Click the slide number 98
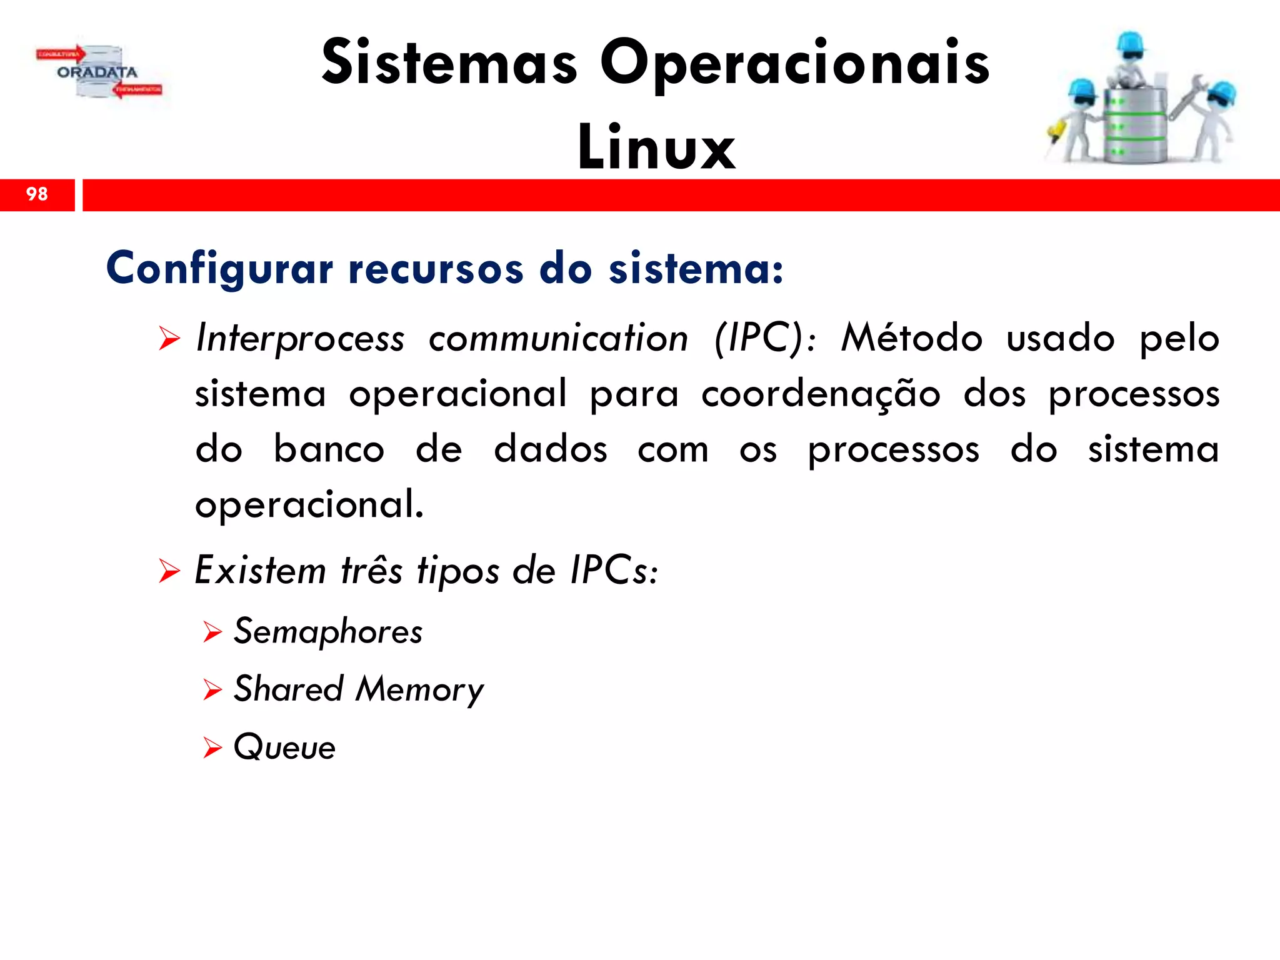(x=37, y=194)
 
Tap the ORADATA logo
(x=99, y=72)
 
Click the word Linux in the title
(x=656, y=147)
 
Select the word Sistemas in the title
(x=449, y=62)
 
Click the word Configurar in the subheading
(x=220, y=269)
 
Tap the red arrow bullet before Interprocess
(x=169, y=339)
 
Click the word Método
(x=911, y=337)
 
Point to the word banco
(x=329, y=449)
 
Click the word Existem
(x=260, y=570)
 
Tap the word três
(x=372, y=570)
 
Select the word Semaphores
(x=328, y=631)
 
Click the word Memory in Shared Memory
(x=419, y=690)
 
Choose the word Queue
(x=284, y=747)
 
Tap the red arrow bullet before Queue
(x=212, y=747)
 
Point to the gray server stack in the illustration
(x=1134, y=125)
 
